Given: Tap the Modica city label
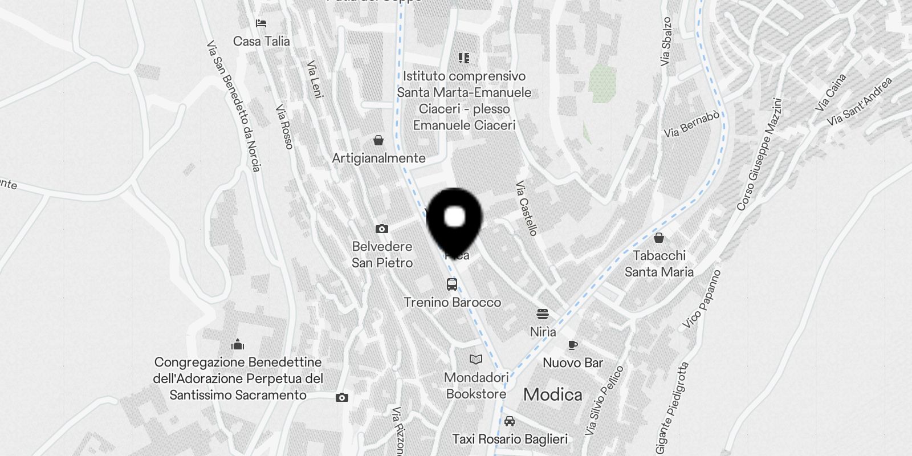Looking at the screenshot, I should [552, 394].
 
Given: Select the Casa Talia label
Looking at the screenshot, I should [262, 41].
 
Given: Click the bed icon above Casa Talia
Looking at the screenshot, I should [262, 23].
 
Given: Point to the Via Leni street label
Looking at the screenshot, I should [315, 79].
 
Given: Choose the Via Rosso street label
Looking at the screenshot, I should [284, 127].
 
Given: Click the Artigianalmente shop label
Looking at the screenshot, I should [378, 158].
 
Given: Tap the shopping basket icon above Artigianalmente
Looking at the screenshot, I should [378, 140].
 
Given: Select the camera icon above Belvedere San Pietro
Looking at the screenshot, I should [382, 229].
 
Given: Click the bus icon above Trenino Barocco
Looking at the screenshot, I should [452, 284].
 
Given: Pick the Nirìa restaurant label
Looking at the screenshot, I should [543, 331].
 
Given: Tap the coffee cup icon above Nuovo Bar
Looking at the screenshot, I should [573, 345].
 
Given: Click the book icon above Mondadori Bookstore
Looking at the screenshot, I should [476, 359].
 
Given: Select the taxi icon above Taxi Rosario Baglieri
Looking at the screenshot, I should [510, 421].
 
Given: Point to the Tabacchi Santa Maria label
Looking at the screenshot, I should [659, 263].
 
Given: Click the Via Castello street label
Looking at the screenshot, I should [527, 208].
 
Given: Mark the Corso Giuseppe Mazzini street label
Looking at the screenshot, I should [760, 154].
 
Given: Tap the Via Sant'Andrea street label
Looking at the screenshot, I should [860, 101].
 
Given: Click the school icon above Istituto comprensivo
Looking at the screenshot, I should [464, 58].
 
